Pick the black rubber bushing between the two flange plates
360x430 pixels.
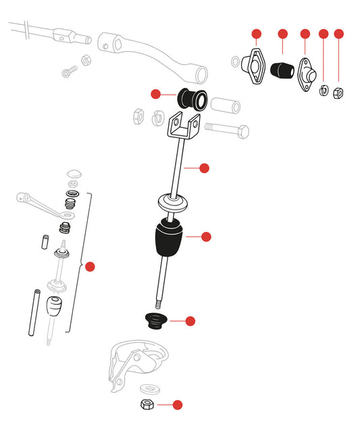280,70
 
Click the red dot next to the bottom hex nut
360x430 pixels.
178,405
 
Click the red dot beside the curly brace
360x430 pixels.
91,266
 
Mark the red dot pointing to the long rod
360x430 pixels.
205,168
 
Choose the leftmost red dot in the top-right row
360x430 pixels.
256,33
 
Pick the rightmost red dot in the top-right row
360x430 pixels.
339,33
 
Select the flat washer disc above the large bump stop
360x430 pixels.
172,202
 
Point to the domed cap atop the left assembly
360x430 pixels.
73,174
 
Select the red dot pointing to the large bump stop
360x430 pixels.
207,237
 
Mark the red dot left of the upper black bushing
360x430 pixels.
156,94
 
